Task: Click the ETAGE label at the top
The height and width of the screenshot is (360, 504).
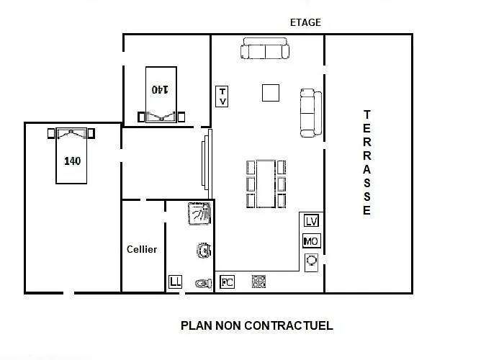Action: (x=305, y=22)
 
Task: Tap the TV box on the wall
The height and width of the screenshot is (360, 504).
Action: (x=222, y=96)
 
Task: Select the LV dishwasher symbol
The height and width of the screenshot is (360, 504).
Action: (x=311, y=221)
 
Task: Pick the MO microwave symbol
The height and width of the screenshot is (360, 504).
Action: (x=312, y=240)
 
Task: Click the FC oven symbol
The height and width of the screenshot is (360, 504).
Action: (x=228, y=282)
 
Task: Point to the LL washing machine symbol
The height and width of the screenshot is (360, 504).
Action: (x=175, y=282)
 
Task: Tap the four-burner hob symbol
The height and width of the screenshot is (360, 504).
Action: (x=258, y=282)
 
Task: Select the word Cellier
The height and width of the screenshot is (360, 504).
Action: (x=142, y=249)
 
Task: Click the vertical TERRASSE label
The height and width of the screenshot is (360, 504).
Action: (x=367, y=163)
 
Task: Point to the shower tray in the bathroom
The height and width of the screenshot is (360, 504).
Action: (x=199, y=213)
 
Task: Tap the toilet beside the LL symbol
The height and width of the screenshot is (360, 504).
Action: (x=204, y=284)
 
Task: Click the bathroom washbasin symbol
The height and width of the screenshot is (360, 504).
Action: (x=204, y=251)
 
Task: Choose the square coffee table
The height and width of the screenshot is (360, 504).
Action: (x=271, y=93)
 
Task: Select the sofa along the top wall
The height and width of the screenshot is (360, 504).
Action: (x=265, y=48)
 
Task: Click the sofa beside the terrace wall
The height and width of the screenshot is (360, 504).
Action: (x=311, y=113)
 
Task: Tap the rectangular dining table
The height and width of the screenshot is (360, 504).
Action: (x=266, y=184)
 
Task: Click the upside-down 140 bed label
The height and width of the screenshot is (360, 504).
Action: (x=160, y=89)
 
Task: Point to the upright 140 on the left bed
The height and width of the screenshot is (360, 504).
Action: (x=72, y=161)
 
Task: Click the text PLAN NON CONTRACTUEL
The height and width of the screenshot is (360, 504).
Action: (x=257, y=325)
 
